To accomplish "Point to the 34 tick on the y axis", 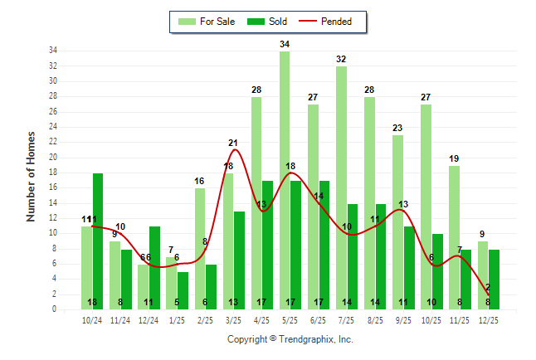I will tap(53, 51).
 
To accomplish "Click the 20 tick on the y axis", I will tap(53, 157).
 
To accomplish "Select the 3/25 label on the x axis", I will tap(233, 320).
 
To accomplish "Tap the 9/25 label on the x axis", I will tap(403, 320).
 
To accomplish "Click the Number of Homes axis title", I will tap(32, 175).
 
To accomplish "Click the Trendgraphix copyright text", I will tap(290, 339).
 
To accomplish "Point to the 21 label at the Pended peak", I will tap(234, 144).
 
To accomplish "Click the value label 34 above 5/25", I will tap(285, 44).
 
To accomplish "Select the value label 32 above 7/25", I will tap(341, 59).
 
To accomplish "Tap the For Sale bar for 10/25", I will tap(426, 207).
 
